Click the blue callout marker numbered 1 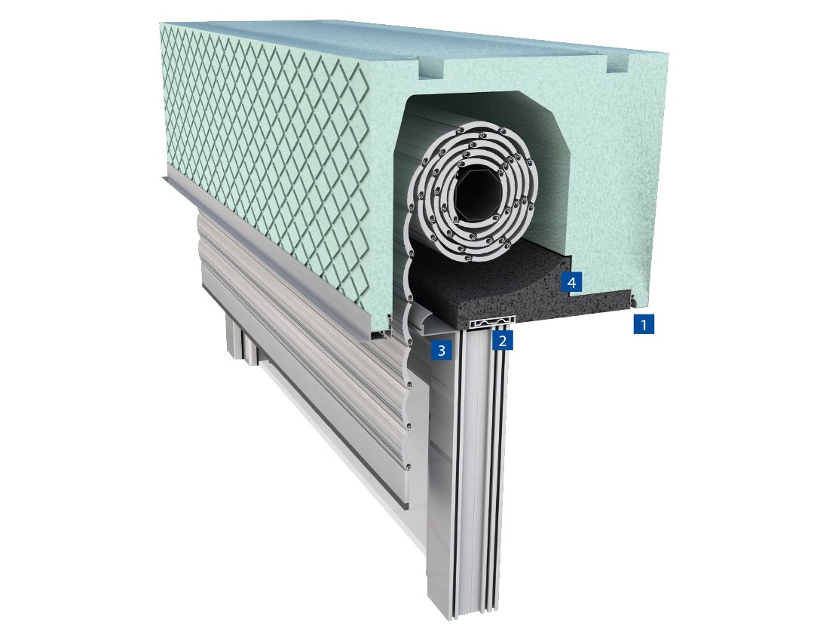coord(643,325)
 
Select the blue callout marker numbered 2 coord(503,341)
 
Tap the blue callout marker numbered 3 coord(440,349)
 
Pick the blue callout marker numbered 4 coord(571,283)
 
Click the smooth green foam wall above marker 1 coord(641,189)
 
